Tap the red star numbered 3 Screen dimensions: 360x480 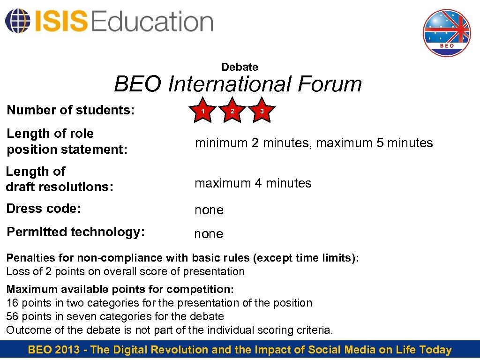[x=262, y=111]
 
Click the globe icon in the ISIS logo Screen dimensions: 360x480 [x=17, y=21]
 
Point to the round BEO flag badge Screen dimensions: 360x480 [x=447, y=33]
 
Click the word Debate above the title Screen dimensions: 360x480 [x=240, y=67]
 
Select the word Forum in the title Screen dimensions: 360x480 [x=330, y=84]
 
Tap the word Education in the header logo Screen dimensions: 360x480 [x=153, y=22]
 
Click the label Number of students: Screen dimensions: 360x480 [x=71, y=110]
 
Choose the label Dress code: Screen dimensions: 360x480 [x=44, y=209]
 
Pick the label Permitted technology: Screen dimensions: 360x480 [x=75, y=232]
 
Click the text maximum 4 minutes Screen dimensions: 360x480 [x=253, y=183]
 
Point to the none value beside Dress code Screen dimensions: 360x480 [x=209, y=210]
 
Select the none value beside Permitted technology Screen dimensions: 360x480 [x=209, y=234]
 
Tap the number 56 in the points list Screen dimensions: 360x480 [x=12, y=316]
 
